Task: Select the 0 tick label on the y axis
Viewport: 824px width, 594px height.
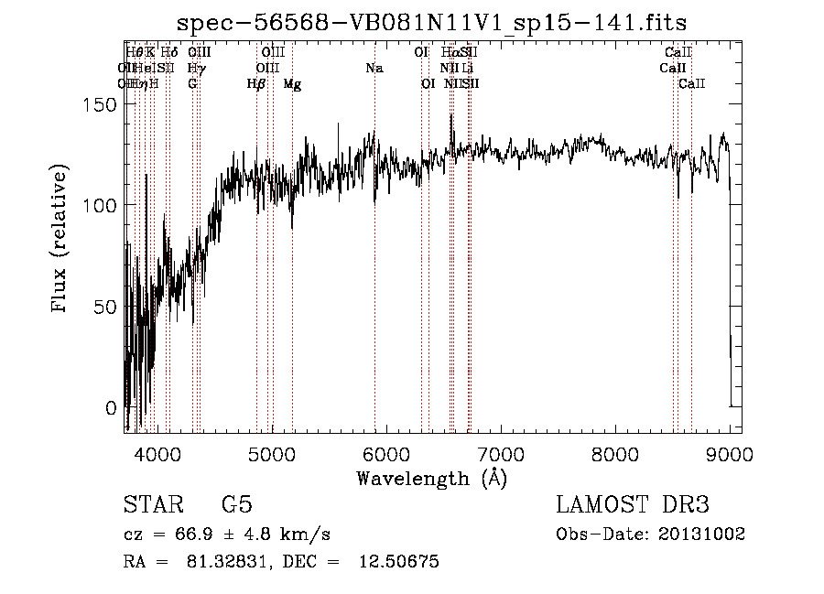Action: pos(111,407)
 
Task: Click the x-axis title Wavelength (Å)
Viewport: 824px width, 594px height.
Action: pos(431,478)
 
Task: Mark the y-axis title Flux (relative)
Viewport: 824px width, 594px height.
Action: pos(61,240)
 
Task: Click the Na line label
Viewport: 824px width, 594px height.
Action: pos(374,68)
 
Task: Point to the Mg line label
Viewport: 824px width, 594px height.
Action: pos(292,84)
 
